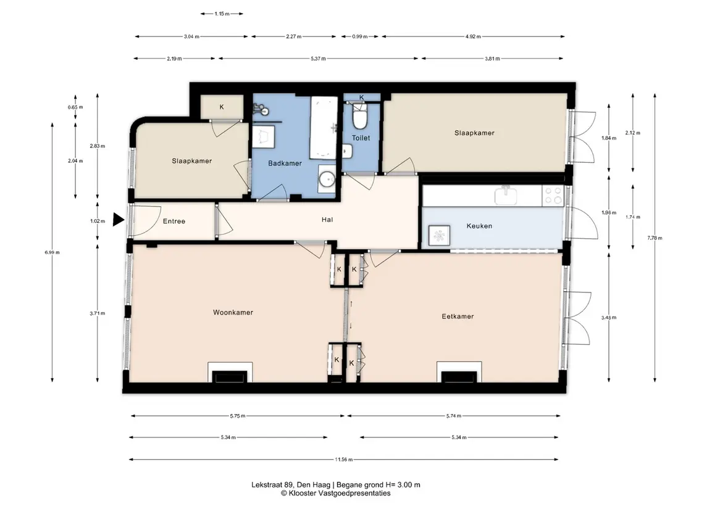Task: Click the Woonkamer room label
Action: [233, 312]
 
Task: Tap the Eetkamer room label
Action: [458, 317]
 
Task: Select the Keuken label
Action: [479, 226]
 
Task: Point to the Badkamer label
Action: [285, 163]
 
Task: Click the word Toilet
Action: [361, 138]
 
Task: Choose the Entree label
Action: [174, 221]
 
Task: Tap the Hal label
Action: [327, 220]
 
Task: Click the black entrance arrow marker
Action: [118, 220]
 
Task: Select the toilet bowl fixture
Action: [360, 116]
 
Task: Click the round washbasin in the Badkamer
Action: [327, 180]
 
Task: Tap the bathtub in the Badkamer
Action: [324, 128]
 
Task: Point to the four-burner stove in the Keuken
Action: [553, 196]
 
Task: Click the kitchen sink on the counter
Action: [506, 196]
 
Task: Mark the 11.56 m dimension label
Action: [343, 460]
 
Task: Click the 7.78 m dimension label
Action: [655, 238]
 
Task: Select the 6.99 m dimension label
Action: [52, 252]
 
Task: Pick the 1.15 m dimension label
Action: [222, 14]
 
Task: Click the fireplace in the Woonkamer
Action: [230, 372]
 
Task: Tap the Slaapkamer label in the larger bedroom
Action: [474, 133]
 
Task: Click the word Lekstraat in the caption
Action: [267, 485]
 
